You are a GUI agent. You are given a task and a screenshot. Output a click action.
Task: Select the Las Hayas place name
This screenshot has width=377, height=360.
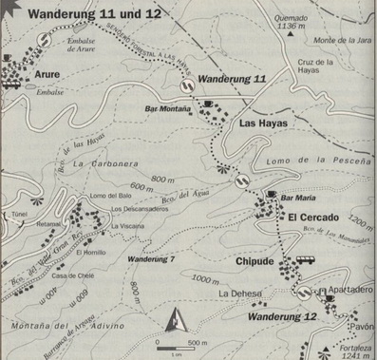point(262,123)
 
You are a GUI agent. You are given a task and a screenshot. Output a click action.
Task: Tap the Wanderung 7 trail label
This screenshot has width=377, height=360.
point(151,258)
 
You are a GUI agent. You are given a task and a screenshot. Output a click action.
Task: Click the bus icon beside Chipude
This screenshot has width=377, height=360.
point(306,260)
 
